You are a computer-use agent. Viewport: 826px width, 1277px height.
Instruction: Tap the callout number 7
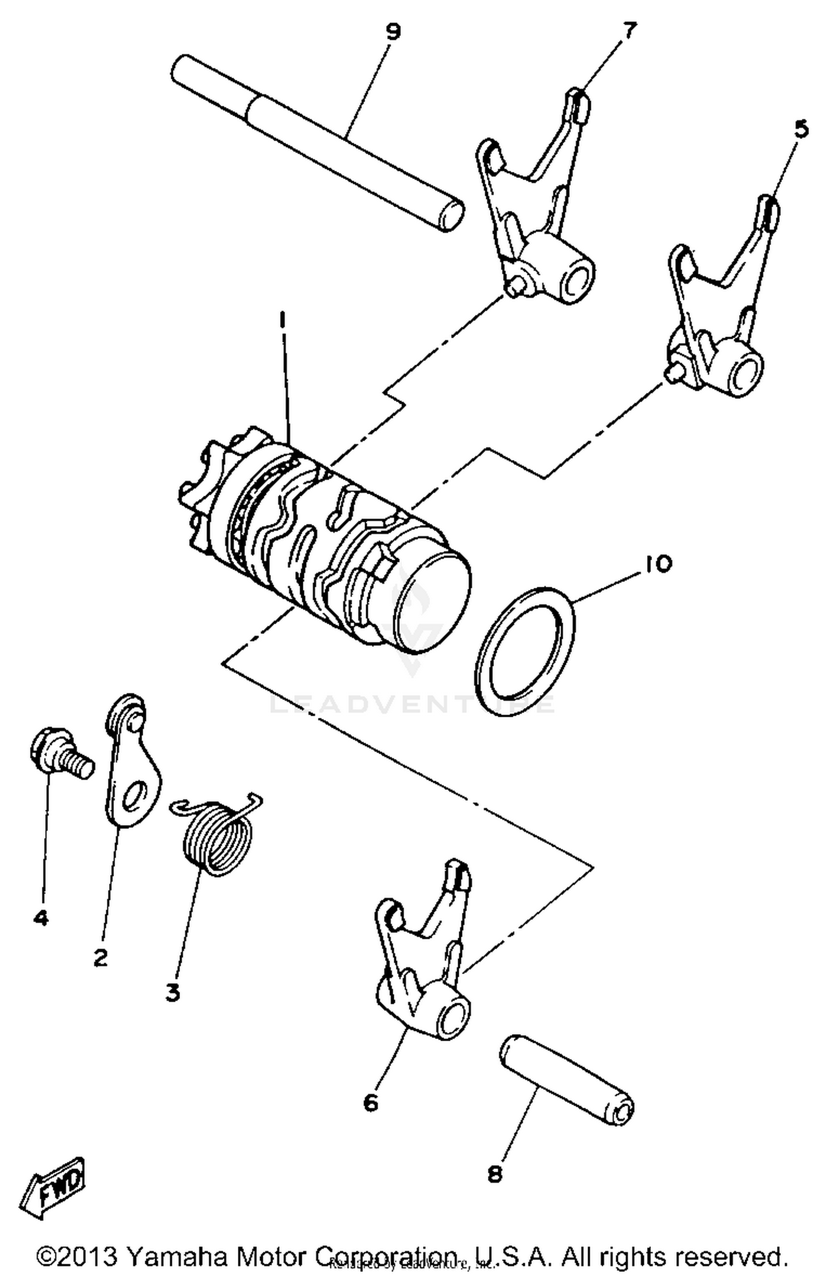pyautogui.click(x=629, y=30)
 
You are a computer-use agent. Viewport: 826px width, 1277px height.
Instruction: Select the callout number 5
pyautogui.click(x=801, y=129)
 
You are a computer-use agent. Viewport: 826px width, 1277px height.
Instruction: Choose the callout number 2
pyautogui.click(x=101, y=959)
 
